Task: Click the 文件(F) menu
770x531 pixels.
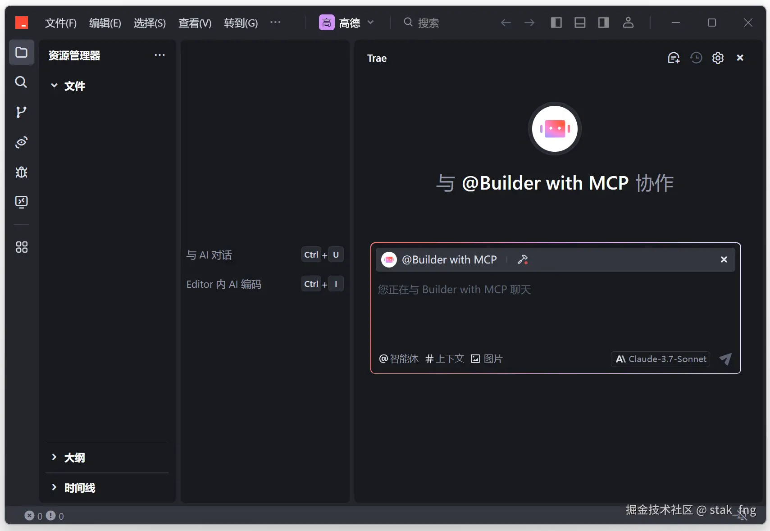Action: coord(60,23)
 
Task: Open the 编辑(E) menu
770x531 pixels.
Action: coord(105,23)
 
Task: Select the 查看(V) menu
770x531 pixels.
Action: coord(195,23)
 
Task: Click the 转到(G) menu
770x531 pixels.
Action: coord(241,23)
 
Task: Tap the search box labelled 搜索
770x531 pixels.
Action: coord(428,23)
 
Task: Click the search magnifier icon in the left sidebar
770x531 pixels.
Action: coord(21,82)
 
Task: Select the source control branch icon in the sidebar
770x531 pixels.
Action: coord(21,112)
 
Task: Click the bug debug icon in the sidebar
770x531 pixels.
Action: coord(21,172)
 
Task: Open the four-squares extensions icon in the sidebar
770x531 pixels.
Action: coord(21,247)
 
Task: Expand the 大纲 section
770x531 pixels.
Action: coord(74,458)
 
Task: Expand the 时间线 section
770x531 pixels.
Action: coord(79,488)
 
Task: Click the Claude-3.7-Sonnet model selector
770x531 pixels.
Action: coord(661,359)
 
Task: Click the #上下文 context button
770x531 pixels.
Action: coord(445,359)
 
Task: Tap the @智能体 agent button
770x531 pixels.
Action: coord(399,359)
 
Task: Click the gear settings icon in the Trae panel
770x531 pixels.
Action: coord(718,58)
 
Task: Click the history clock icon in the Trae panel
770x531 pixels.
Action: coord(696,58)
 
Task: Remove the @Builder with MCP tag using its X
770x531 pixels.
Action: coord(724,259)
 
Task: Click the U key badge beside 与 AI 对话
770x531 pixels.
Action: coord(336,254)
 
